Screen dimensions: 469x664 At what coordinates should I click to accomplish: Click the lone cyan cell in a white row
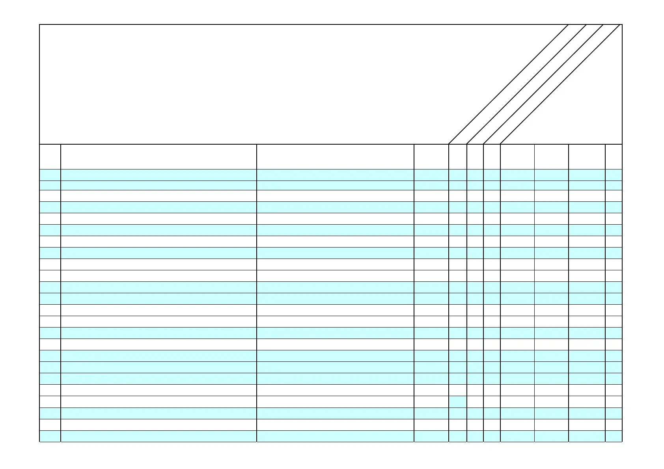point(457,402)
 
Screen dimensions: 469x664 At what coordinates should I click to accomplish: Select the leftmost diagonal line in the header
point(508,84)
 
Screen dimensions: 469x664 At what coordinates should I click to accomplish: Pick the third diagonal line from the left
point(543,84)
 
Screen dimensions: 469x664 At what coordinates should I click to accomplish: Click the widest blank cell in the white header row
point(159,156)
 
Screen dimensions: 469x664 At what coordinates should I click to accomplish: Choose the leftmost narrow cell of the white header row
point(50,156)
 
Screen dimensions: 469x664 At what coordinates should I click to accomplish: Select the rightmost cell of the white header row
point(614,156)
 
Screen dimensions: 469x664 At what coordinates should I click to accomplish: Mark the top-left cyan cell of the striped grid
point(50,175)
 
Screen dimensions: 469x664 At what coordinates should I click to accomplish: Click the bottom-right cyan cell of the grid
point(614,436)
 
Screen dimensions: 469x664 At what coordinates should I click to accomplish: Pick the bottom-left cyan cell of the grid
point(50,436)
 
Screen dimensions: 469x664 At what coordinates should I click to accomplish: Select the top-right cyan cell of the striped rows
point(614,175)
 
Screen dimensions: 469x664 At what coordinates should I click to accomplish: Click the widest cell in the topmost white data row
point(159,196)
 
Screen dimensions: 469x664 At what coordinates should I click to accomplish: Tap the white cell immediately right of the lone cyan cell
point(475,402)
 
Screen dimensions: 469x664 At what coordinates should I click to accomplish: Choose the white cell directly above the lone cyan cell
point(457,390)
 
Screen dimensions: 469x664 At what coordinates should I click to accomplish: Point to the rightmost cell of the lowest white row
point(614,425)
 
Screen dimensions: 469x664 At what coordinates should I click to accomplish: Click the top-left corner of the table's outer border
point(40,25)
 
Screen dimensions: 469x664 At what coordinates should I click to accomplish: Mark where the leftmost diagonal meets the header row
point(449,144)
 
